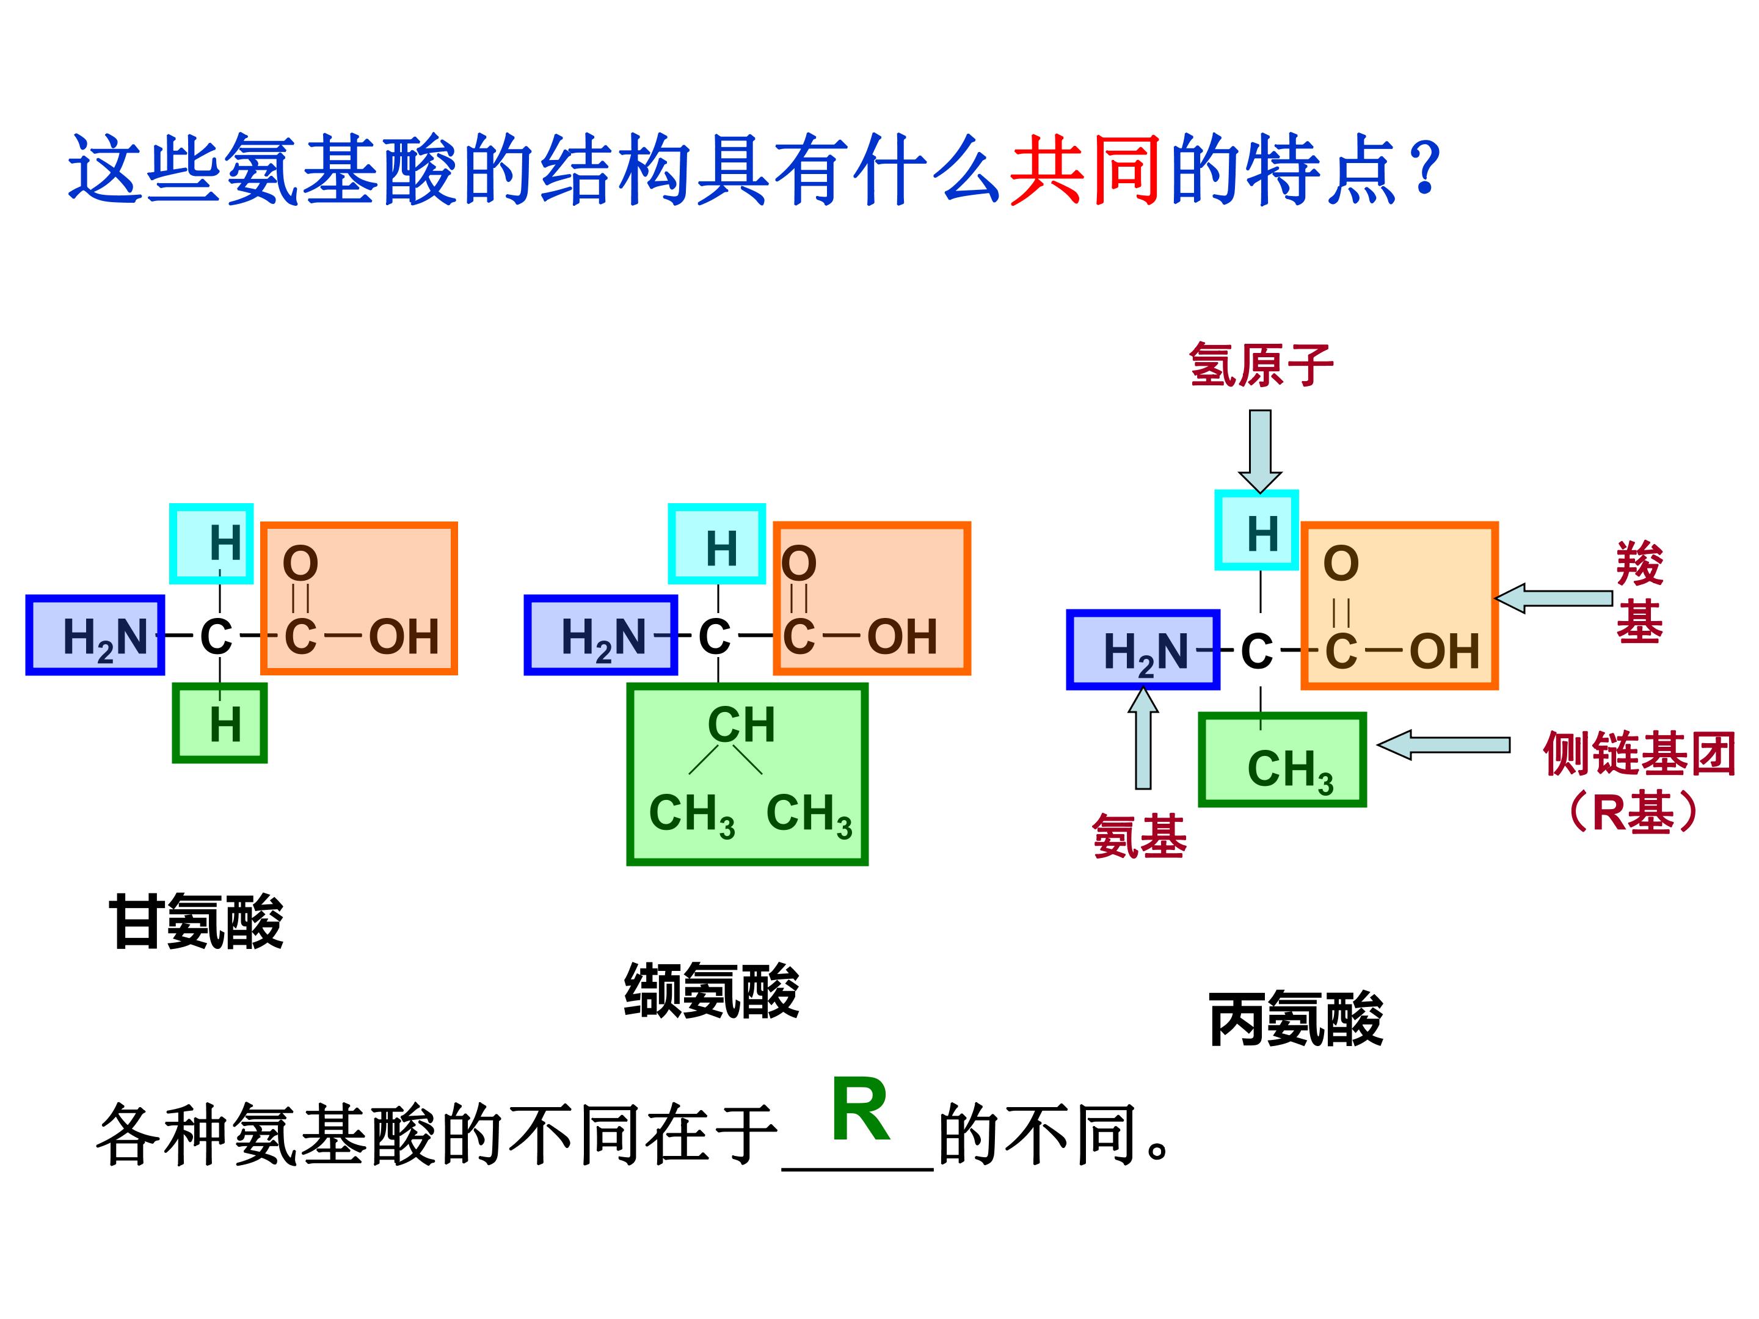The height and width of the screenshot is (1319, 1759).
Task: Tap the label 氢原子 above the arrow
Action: tap(1261, 365)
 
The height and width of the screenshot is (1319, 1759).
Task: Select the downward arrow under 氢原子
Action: tap(1259, 451)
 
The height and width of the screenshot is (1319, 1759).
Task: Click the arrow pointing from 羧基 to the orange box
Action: tap(1553, 598)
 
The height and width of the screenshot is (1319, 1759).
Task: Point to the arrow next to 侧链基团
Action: tap(1443, 745)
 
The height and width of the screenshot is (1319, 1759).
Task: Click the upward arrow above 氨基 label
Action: tap(1143, 738)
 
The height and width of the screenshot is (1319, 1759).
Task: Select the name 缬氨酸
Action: tap(711, 990)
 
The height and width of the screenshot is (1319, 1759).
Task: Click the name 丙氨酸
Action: tap(1295, 1019)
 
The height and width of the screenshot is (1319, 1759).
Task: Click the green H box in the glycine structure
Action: tap(219, 724)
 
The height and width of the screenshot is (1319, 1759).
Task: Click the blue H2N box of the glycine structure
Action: tap(95, 634)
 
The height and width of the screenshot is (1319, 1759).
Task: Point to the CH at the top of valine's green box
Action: tap(741, 724)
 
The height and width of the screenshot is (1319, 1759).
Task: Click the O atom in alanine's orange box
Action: tap(1341, 564)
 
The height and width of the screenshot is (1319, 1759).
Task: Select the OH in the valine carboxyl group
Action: tap(903, 637)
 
